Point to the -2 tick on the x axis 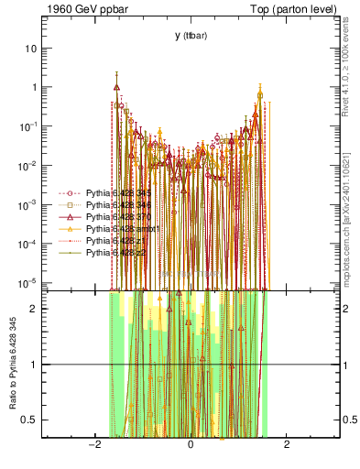coord(93,444)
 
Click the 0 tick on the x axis coord(190,444)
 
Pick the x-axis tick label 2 coord(287,444)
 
